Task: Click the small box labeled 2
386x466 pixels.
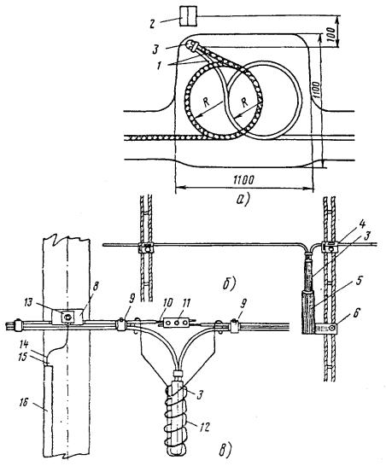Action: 189,16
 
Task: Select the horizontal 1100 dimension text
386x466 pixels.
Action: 243,180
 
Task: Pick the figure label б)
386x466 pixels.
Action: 229,284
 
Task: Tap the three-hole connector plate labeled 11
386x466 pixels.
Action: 177,323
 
